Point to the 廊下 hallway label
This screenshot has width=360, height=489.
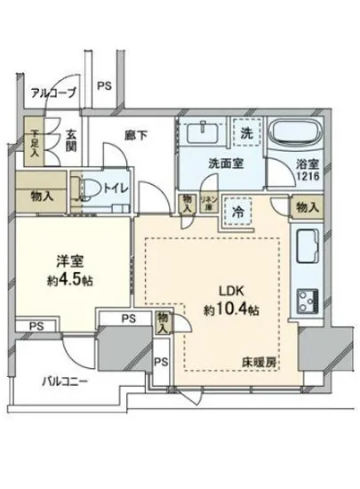point(135,135)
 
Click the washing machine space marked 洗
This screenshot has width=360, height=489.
point(248,130)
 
